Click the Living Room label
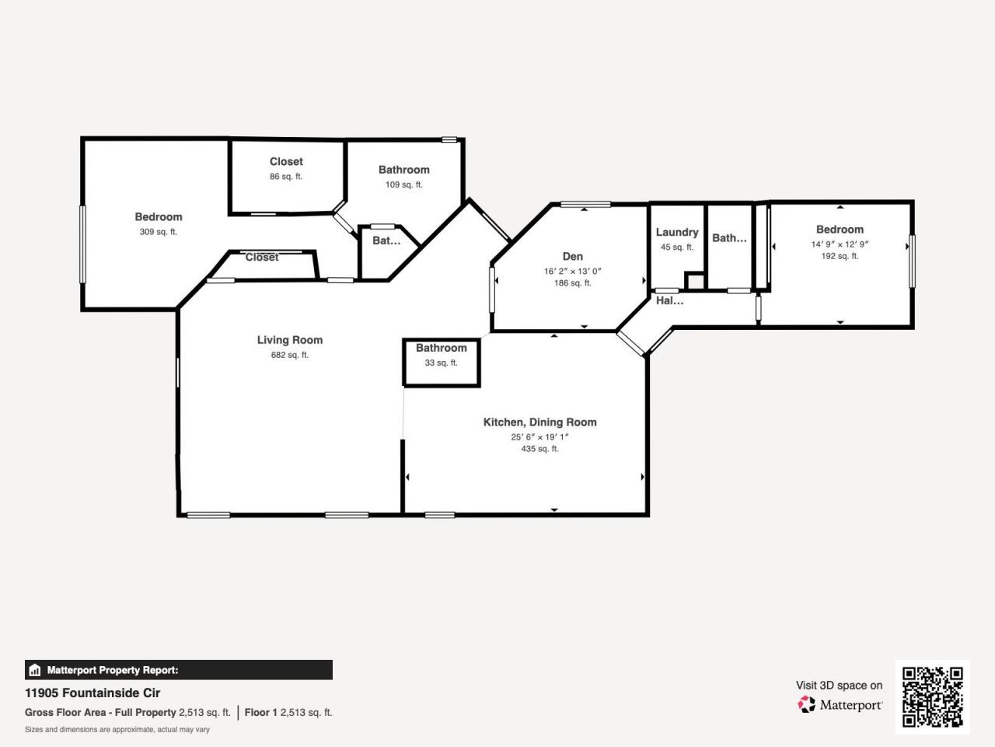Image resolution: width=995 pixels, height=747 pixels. click(x=289, y=340)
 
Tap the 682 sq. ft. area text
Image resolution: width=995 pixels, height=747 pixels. click(x=289, y=356)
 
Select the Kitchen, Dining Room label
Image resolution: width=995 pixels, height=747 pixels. click(x=539, y=423)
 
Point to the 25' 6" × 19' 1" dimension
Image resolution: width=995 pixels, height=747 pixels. click(x=539, y=437)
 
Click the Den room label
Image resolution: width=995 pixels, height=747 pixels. click(x=572, y=257)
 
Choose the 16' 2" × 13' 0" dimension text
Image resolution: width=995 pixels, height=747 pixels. click(x=572, y=272)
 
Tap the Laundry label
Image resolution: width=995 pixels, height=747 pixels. click(x=676, y=233)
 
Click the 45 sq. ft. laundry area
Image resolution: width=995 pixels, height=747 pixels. click(x=676, y=247)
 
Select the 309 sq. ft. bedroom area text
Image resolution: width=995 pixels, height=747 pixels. click(x=158, y=232)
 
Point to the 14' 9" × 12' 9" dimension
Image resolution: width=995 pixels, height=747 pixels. click(x=840, y=244)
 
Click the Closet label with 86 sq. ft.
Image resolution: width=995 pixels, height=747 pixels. click(x=286, y=162)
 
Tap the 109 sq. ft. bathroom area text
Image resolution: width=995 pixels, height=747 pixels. click(x=403, y=185)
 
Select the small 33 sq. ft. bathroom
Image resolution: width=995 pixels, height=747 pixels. click(x=441, y=363)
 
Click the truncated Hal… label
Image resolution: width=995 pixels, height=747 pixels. click(x=669, y=301)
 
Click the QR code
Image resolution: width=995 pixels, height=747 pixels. click(x=932, y=696)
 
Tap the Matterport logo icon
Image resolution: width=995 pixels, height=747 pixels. click(x=806, y=705)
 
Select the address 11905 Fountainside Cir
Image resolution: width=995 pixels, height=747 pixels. click(x=93, y=693)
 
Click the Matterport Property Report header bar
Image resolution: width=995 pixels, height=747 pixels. click(x=178, y=670)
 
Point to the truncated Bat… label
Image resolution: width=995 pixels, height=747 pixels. click(x=386, y=241)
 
